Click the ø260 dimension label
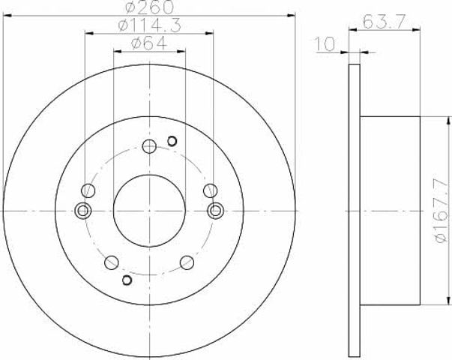point(150,7)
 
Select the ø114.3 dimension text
point(150,25)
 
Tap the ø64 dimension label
point(149,43)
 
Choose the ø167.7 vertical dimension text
point(442,211)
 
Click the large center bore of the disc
point(149,211)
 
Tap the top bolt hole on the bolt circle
point(149,146)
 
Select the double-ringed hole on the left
point(83,211)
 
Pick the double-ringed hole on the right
point(215,211)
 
